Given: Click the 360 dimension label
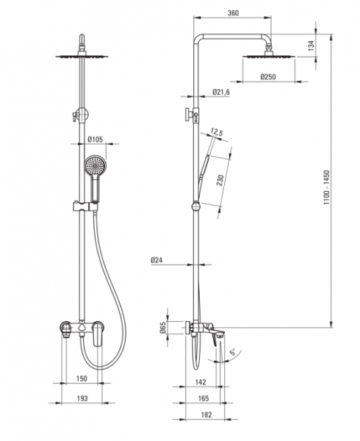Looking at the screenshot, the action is (233, 13).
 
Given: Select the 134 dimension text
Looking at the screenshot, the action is (311, 46).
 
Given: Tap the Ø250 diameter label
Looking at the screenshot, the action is (268, 76).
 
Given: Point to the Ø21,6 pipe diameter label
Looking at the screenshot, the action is (221, 92).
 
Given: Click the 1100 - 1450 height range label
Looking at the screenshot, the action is (326, 187).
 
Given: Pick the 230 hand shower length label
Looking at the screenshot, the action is (220, 180).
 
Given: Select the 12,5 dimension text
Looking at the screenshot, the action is (217, 132).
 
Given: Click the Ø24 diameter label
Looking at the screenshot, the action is (156, 260).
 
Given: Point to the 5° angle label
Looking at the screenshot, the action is (233, 352).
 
